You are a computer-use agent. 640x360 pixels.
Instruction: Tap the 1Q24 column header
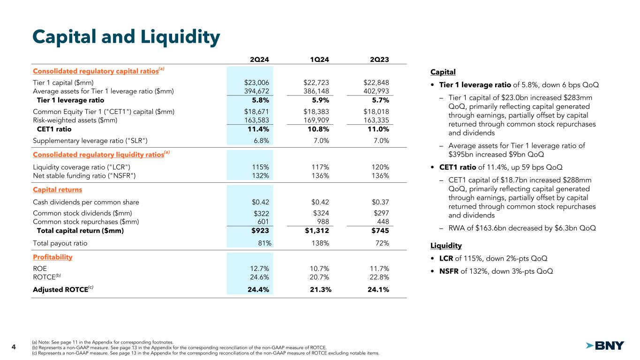click(319, 59)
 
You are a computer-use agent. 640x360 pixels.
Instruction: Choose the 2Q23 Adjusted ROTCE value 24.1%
click(377, 289)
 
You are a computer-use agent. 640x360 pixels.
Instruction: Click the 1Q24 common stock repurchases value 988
click(322, 222)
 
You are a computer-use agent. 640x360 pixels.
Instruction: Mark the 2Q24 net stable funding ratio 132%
click(260, 176)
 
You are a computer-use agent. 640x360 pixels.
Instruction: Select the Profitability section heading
click(53, 257)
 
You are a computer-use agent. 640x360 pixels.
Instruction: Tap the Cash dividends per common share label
click(86, 202)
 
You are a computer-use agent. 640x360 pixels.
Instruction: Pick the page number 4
click(14, 347)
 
